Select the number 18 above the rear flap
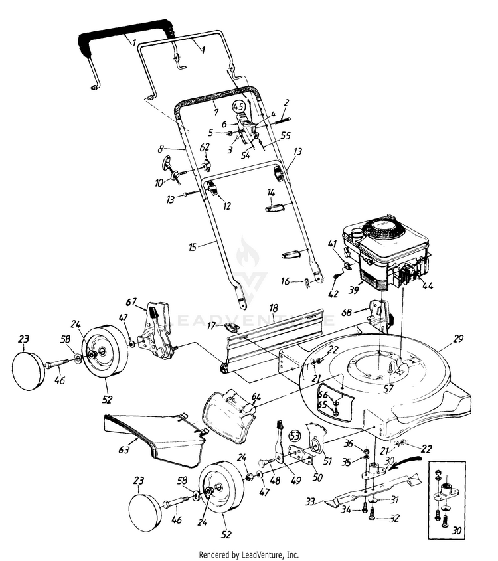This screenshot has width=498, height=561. coord(273,307)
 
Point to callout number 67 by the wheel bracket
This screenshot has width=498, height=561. coord(131,302)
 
